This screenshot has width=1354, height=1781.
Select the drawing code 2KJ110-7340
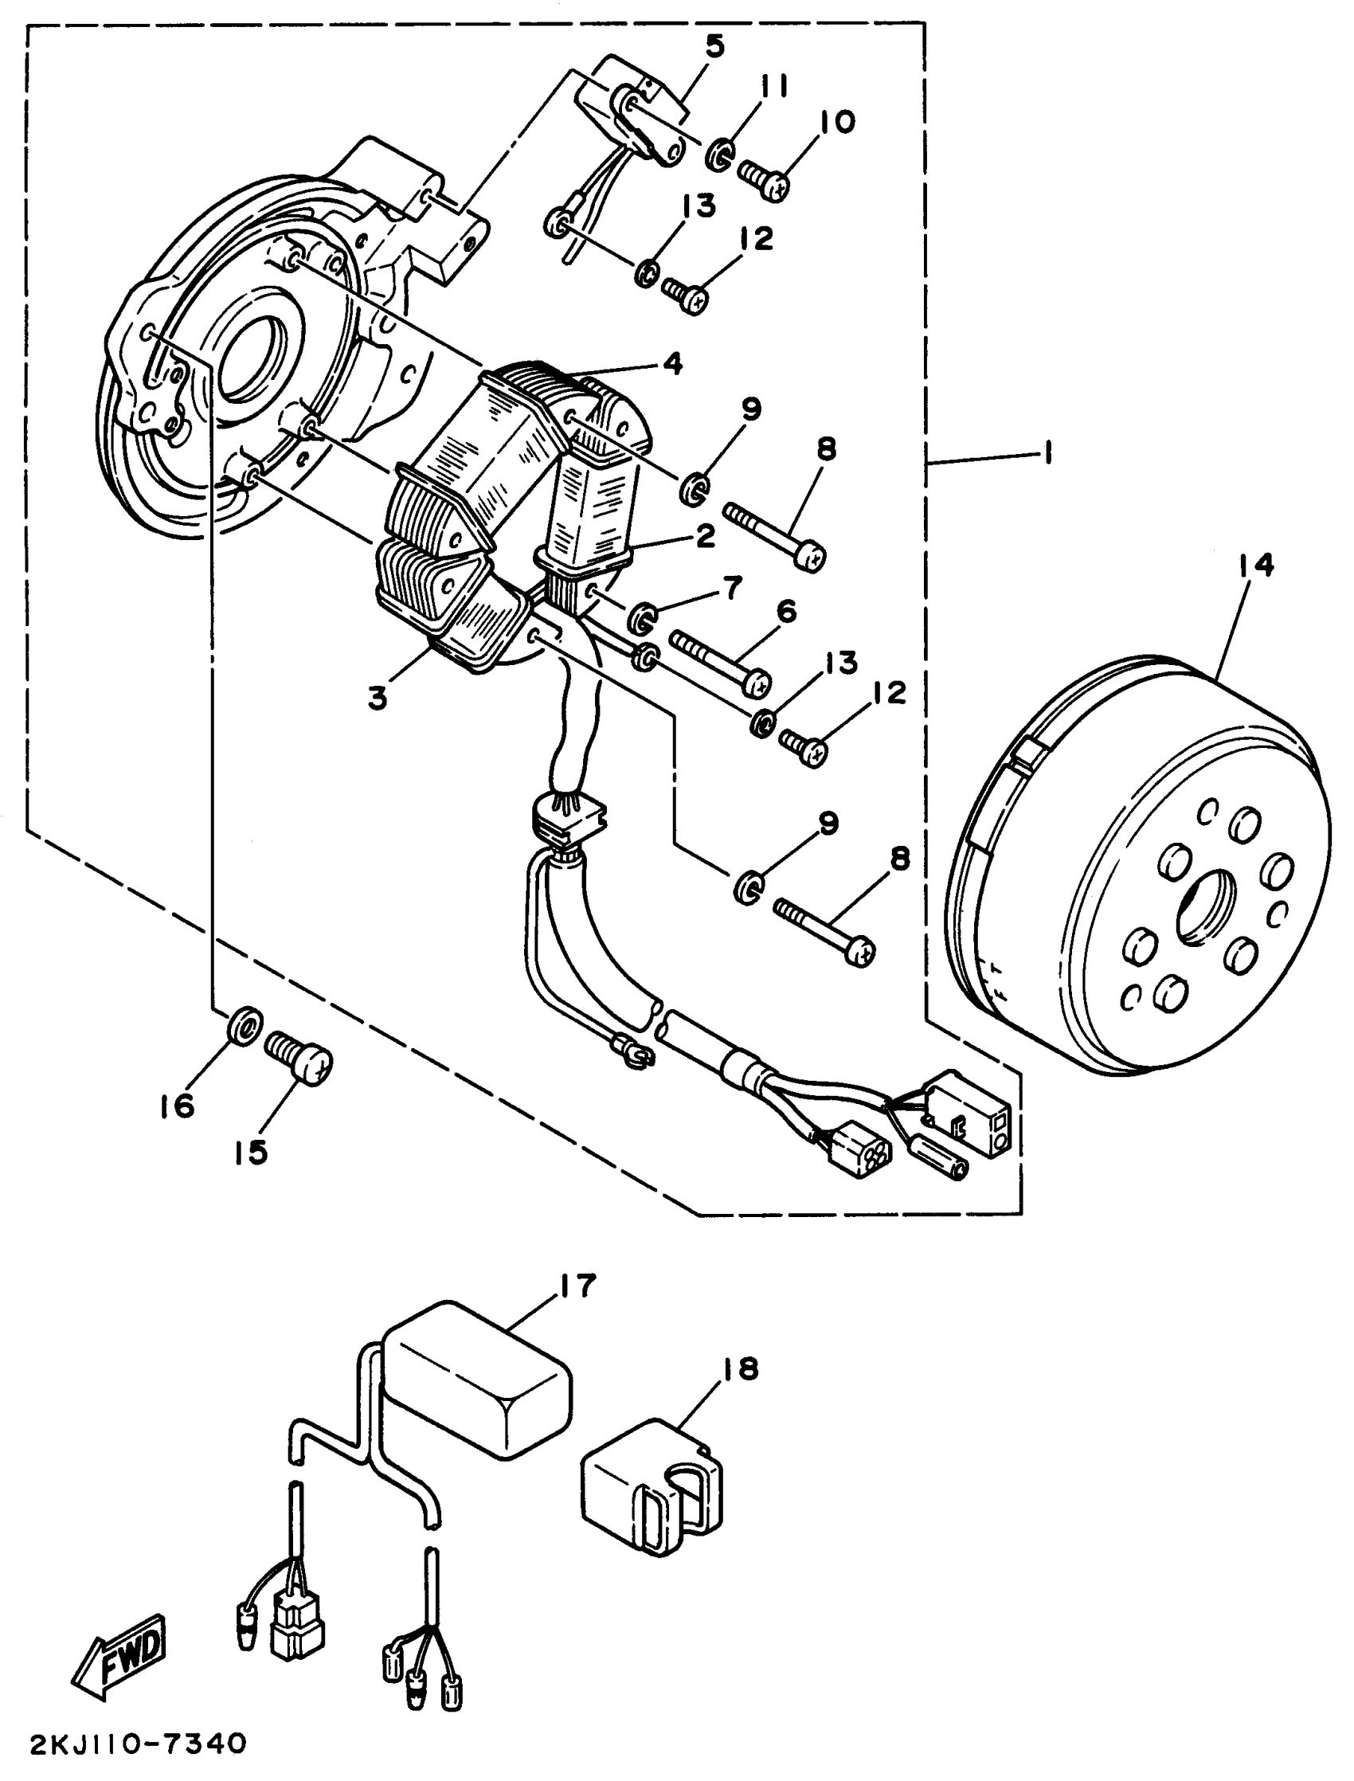click(x=137, y=1745)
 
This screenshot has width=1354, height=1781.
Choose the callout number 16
click(x=178, y=1106)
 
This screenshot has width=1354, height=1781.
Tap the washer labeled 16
click(x=245, y=1025)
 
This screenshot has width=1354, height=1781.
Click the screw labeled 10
click(x=764, y=179)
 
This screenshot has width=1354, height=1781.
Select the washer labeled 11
click(x=719, y=154)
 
